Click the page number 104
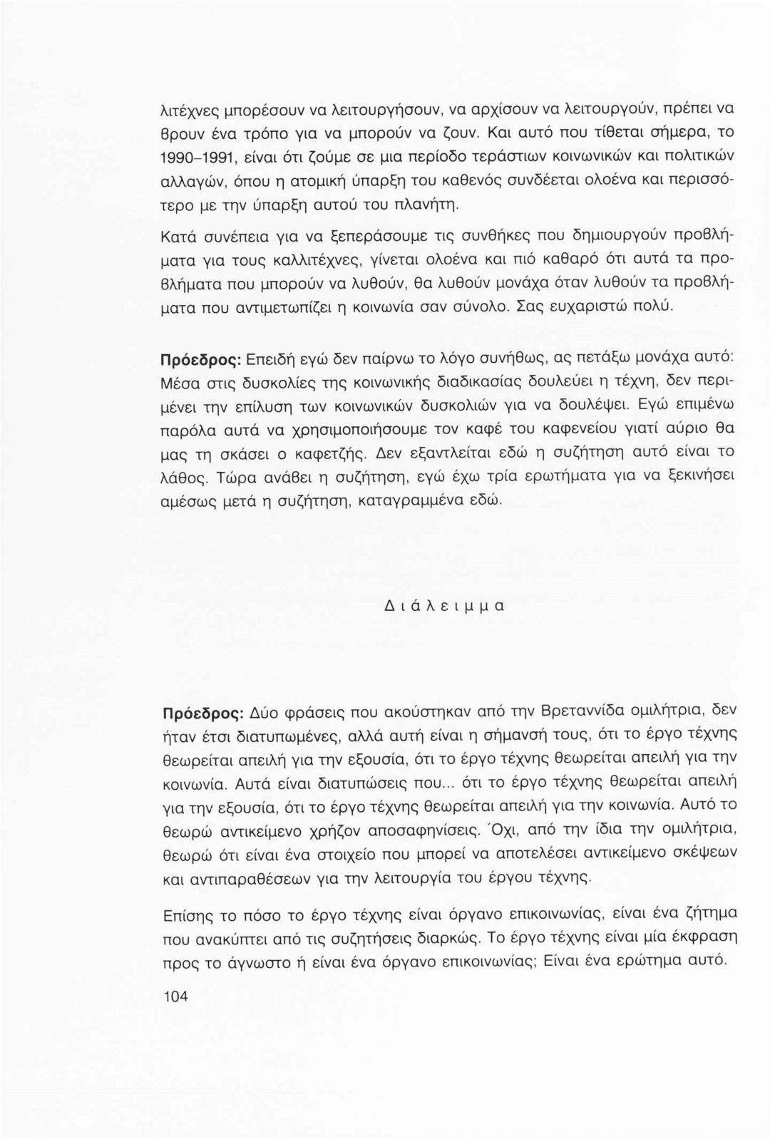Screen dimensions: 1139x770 click(x=175, y=996)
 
